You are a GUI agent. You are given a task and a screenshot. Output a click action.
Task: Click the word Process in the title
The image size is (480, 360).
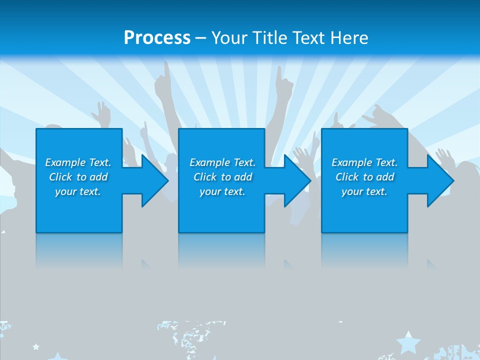pos(157,38)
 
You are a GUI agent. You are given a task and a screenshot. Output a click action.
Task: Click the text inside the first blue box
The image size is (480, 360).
pos(78,177)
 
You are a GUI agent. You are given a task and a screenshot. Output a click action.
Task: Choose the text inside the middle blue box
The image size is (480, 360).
pos(222,177)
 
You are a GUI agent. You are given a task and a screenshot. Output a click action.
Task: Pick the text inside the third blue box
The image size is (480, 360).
pos(364,177)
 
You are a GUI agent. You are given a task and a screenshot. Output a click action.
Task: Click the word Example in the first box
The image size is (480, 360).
pos(65,162)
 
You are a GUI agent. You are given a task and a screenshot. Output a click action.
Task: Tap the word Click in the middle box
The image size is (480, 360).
pos(205,177)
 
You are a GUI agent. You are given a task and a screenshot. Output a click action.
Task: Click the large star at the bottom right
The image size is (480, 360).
pos(408,342)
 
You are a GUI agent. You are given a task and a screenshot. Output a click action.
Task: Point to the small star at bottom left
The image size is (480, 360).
pos(36,346)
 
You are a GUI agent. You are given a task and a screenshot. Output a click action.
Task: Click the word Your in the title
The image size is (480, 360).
pos(228,38)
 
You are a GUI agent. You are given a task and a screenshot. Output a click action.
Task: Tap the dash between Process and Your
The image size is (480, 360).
pos(201,38)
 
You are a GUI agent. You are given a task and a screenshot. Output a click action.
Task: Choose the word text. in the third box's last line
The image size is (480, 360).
pos(376,191)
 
